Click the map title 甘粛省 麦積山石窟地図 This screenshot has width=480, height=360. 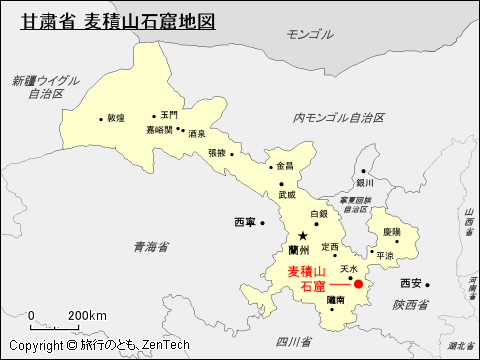[x=119, y=20]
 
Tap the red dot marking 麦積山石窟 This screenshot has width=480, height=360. [x=358, y=284]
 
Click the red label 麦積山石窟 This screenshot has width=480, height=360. [x=306, y=279]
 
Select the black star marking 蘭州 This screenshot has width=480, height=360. [x=303, y=236]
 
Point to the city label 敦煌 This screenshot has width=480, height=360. [x=117, y=118]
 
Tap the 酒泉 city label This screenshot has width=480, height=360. [x=196, y=133]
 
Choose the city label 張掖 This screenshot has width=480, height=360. [x=217, y=153]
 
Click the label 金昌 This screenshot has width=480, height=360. [x=285, y=166]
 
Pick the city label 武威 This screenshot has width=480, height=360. [x=287, y=195]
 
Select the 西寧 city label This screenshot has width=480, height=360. [x=245, y=221]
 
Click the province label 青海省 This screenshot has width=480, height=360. [x=150, y=246]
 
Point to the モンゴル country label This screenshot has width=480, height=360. [x=309, y=34]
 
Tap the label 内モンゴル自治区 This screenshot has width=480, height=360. [x=339, y=118]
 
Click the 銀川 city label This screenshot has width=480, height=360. [x=364, y=183]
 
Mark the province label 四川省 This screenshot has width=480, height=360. [x=290, y=342]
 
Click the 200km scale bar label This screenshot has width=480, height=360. [x=87, y=316]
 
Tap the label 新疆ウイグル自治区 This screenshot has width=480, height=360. [x=45, y=86]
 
